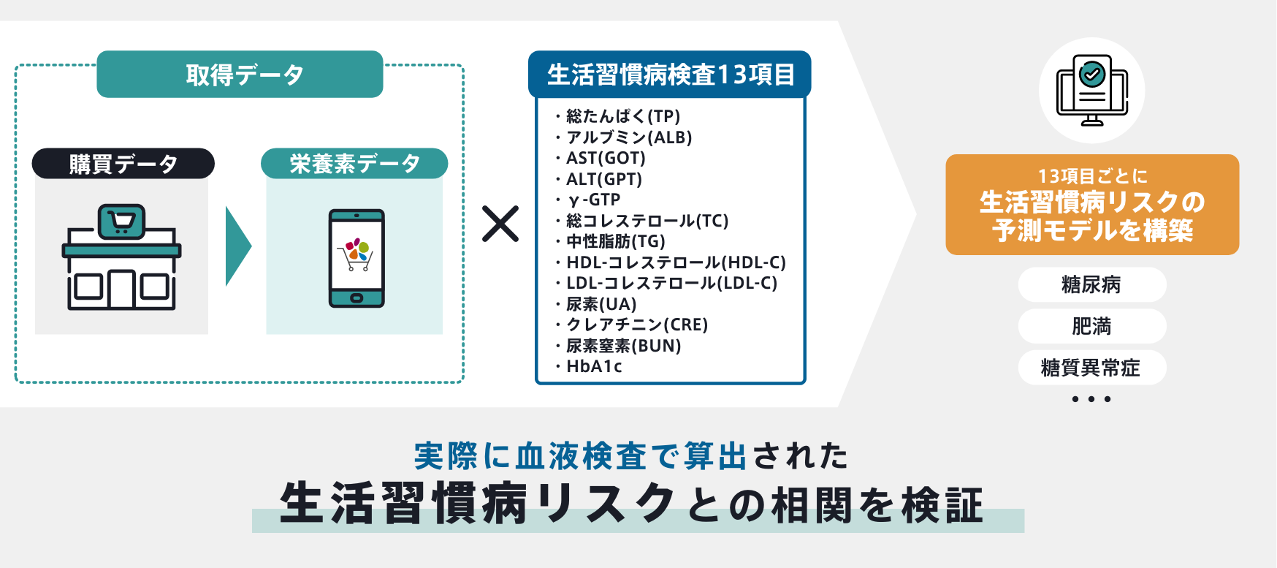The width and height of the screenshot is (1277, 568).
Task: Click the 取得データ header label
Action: click(240, 75)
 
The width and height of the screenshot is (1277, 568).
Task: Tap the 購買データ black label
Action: click(123, 164)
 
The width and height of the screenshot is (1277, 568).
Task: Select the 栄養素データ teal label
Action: click(354, 164)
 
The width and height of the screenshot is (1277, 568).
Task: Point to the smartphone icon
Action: click(357, 258)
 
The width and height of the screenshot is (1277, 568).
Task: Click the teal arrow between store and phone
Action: click(237, 246)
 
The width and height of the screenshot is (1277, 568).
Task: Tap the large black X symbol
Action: click(500, 224)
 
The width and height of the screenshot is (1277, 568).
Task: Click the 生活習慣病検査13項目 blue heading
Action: click(669, 75)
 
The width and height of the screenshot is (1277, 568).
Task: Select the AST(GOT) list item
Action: click(606, 158)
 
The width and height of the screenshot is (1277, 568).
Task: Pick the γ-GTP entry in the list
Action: click(594, 200)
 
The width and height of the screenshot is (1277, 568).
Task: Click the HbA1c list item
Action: click(594, 366)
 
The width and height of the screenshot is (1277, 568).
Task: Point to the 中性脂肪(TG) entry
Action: click(615, 241)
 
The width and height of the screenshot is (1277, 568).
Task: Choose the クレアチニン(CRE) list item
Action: click(636, 325)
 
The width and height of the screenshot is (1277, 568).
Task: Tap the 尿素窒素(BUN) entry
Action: click(623, 346)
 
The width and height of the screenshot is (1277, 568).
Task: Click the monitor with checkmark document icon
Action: click(1092, 91)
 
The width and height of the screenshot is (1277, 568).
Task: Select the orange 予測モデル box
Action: click(1092, 205)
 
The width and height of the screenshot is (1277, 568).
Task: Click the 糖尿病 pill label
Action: click(1091, 284)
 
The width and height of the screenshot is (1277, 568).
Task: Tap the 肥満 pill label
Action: click(1091, 326)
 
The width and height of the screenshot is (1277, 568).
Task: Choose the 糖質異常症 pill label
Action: click(1091, 368)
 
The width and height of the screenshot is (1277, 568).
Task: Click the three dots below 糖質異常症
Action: click(1091, 399)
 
